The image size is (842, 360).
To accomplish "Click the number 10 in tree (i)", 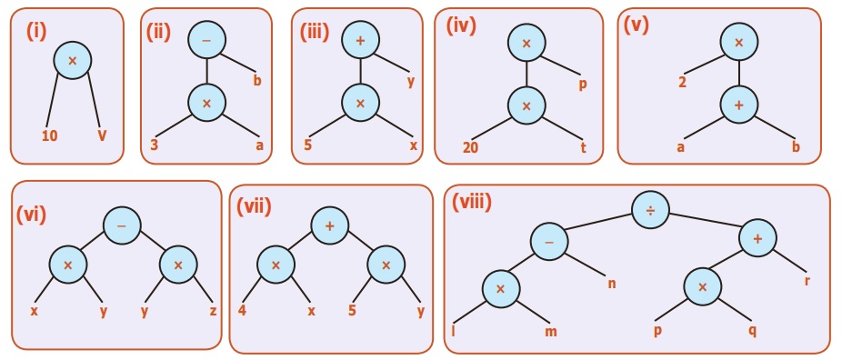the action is tap(49, 136).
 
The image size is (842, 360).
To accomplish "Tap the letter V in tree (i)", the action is tap(102, 135).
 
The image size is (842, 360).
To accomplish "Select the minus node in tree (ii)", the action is tap(206, 40).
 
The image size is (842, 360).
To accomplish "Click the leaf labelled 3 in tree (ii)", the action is tap(154, 145).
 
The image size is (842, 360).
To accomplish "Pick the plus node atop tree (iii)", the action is tap(360, 40).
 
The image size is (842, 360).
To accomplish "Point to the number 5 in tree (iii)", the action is tap(307, 145).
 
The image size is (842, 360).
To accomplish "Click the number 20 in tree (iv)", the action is tap(470, 148).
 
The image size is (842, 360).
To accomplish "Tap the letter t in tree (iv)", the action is tap(583, 147).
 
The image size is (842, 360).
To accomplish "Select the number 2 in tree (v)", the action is tap(683, 85).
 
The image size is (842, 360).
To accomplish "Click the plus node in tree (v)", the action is tap(739, 105).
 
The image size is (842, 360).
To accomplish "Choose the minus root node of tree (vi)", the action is tap(122, 225).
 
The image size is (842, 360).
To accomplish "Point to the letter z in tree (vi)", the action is tap(213, 311).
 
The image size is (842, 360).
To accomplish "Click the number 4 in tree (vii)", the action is tap(242, 311).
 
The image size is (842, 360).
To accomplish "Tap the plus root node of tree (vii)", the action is tap(330, 225).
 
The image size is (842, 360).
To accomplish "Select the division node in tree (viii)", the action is tap(650, 210).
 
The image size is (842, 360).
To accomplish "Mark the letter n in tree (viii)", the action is tap(612, 283).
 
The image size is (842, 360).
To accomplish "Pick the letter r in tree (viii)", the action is tap(807, 280).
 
